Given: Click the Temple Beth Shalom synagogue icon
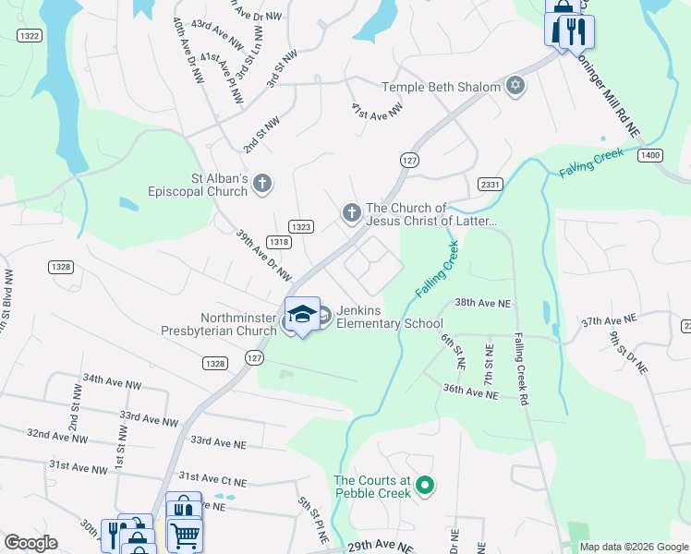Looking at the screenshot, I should (515, 88).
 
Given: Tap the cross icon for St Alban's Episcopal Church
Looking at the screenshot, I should (261, 184).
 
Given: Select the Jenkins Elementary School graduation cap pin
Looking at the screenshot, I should (302, 316).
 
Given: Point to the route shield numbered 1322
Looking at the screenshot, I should (30, 35).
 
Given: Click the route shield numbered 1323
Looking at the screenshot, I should (300, 226).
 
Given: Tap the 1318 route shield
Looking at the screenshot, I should (280, 242).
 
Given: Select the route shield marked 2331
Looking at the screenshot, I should (490, 185).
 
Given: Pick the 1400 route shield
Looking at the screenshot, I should (650, 155).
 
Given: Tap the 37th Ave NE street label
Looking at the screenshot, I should (609, 320).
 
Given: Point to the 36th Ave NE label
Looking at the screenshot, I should (470, 393).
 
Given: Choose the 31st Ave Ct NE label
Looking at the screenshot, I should (212, 479).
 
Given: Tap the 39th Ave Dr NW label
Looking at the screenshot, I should (263, 256).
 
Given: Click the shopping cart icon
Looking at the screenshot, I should (185, 534).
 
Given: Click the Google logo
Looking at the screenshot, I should (30, 543).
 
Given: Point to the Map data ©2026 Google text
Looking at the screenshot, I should (633, 547).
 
